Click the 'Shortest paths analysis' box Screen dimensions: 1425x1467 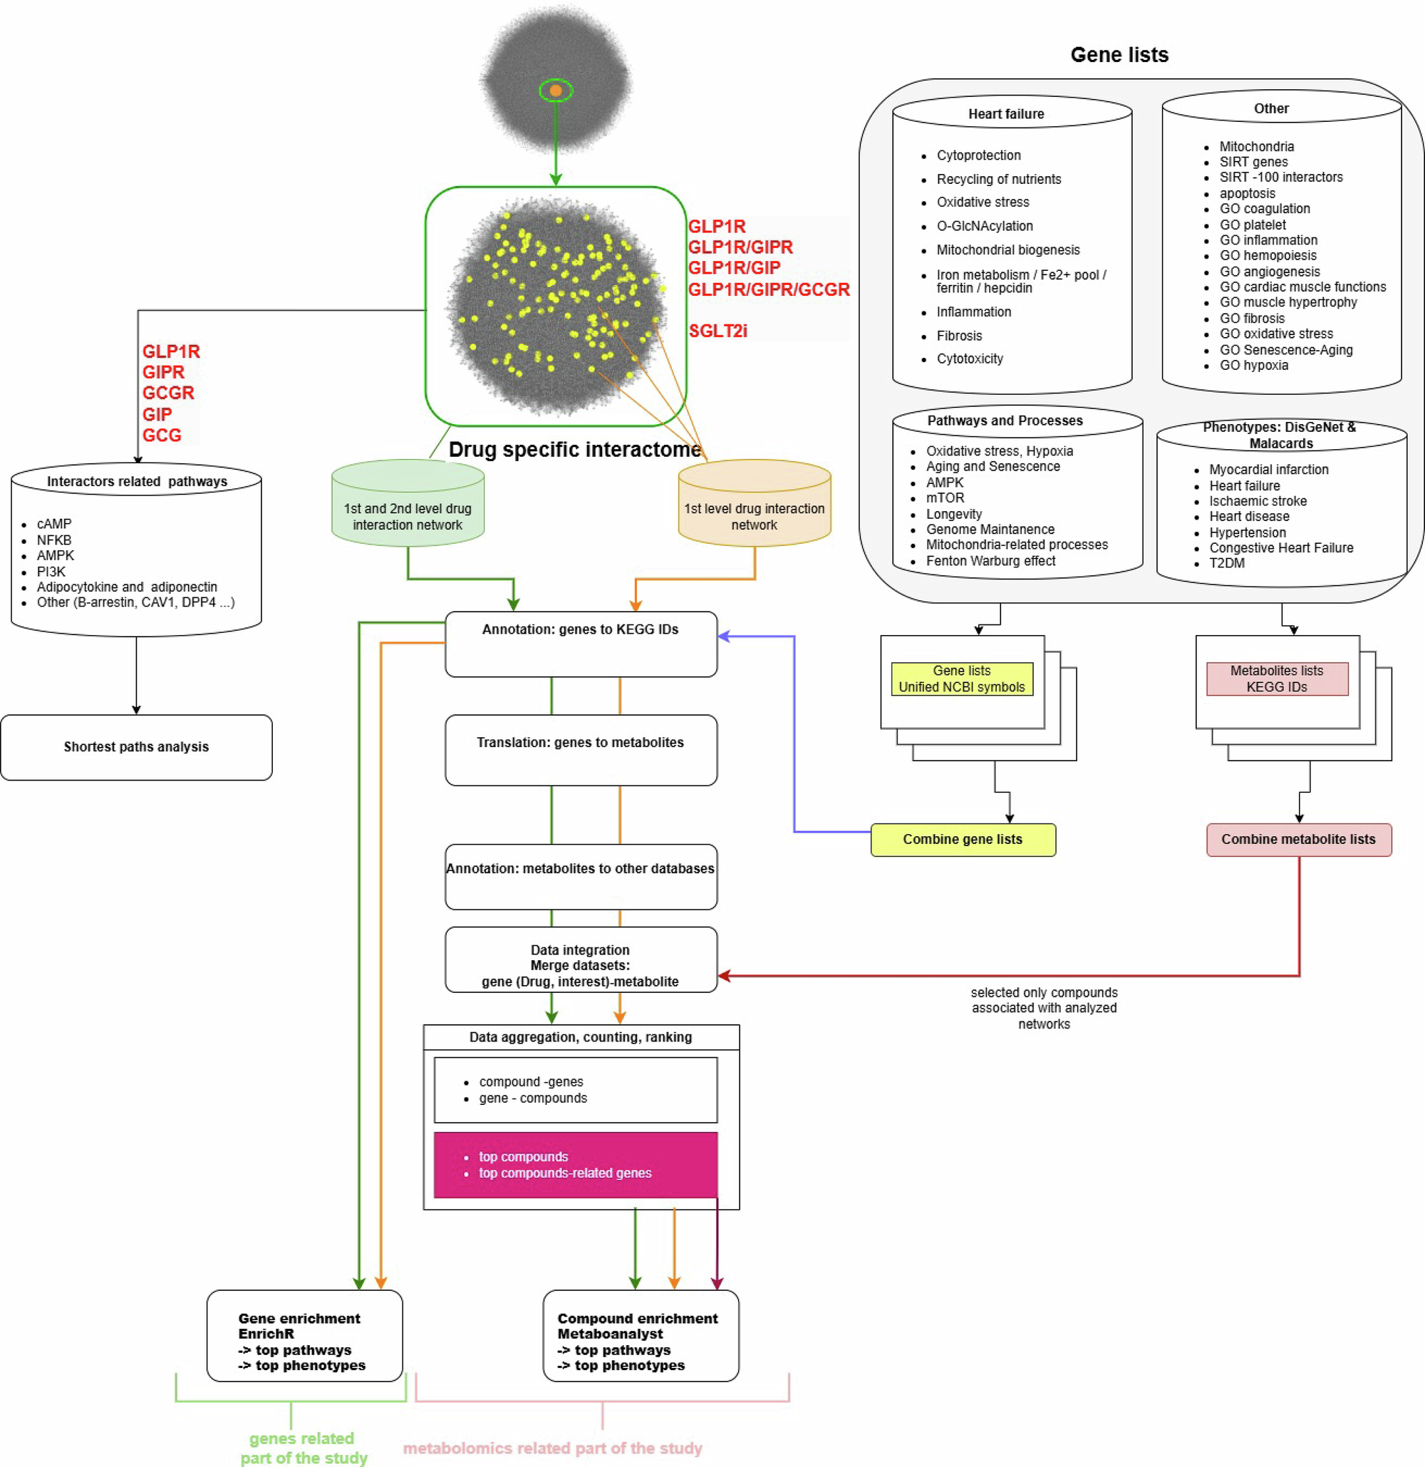pos(136,747)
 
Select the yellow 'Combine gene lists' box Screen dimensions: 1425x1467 pos(963,840)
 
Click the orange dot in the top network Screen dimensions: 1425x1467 pos(555,91)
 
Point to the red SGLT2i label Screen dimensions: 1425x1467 pos(717,331)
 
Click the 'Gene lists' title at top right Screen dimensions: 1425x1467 pos(1119,55)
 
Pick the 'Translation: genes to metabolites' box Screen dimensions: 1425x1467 pos(581,750)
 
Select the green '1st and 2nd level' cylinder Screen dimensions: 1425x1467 pos(408,503)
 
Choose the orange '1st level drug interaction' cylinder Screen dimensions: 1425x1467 pos(755,503)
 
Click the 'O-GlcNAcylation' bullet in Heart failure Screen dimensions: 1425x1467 pos(984,226)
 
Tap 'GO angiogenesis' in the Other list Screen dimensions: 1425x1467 pos(1270,272)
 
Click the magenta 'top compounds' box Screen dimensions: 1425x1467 pos(576,1165)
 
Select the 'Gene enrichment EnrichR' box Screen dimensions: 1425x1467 pos(305,1335)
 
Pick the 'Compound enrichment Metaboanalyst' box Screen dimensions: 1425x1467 pos(641,1335)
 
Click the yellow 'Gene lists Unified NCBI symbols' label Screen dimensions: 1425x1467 pos(962,679)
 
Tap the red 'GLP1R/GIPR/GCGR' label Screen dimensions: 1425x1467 pos(769,289)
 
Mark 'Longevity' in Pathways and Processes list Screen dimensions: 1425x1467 pos(953,514)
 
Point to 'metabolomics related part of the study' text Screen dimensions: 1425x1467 pos(552,1448)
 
